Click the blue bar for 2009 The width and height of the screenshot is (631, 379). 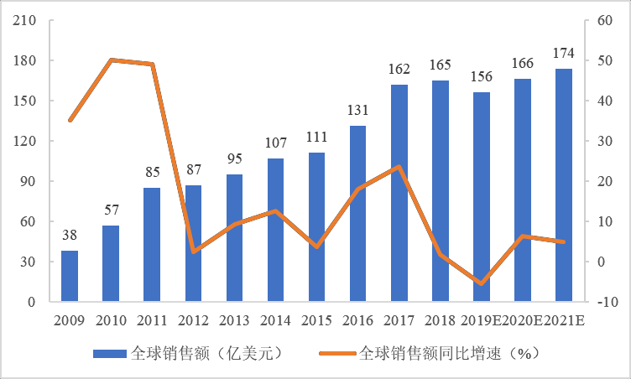tap(70, 276)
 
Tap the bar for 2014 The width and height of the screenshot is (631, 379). tap(275, 230)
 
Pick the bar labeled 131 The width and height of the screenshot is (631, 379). tap(358, 214)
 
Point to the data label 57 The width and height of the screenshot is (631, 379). tap(111, 210)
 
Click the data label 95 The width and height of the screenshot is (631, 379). tap(234, 158)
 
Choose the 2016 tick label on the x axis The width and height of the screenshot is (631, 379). tap(357, 320)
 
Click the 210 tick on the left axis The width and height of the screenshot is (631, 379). tap(23, 21)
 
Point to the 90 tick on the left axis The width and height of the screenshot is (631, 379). tap(26, 181)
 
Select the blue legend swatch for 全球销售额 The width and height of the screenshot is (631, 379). tap(110, 354)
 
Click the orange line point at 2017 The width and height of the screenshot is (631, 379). tap(399, 166)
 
